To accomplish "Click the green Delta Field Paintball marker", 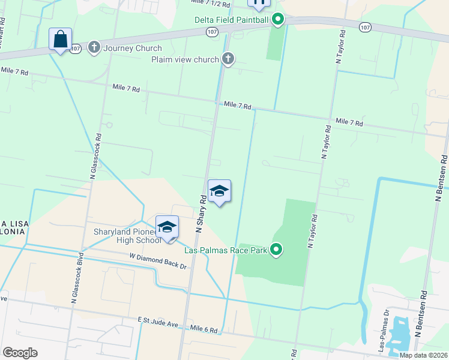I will (277, 20).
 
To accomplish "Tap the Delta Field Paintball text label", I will (231, 20).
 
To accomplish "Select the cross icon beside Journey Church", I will (94, 48).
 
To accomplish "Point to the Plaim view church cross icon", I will (228, 59).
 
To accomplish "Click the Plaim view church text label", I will (185, 59).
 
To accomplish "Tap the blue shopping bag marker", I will (60, 40).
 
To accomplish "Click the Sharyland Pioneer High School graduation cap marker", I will (167, 228).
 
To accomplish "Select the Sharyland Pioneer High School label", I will (127, 236).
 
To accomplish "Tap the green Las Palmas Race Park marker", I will (276, 249).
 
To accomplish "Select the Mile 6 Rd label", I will (203, 330).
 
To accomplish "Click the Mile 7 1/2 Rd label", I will (210, 4).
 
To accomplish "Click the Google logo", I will (20, 353).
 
